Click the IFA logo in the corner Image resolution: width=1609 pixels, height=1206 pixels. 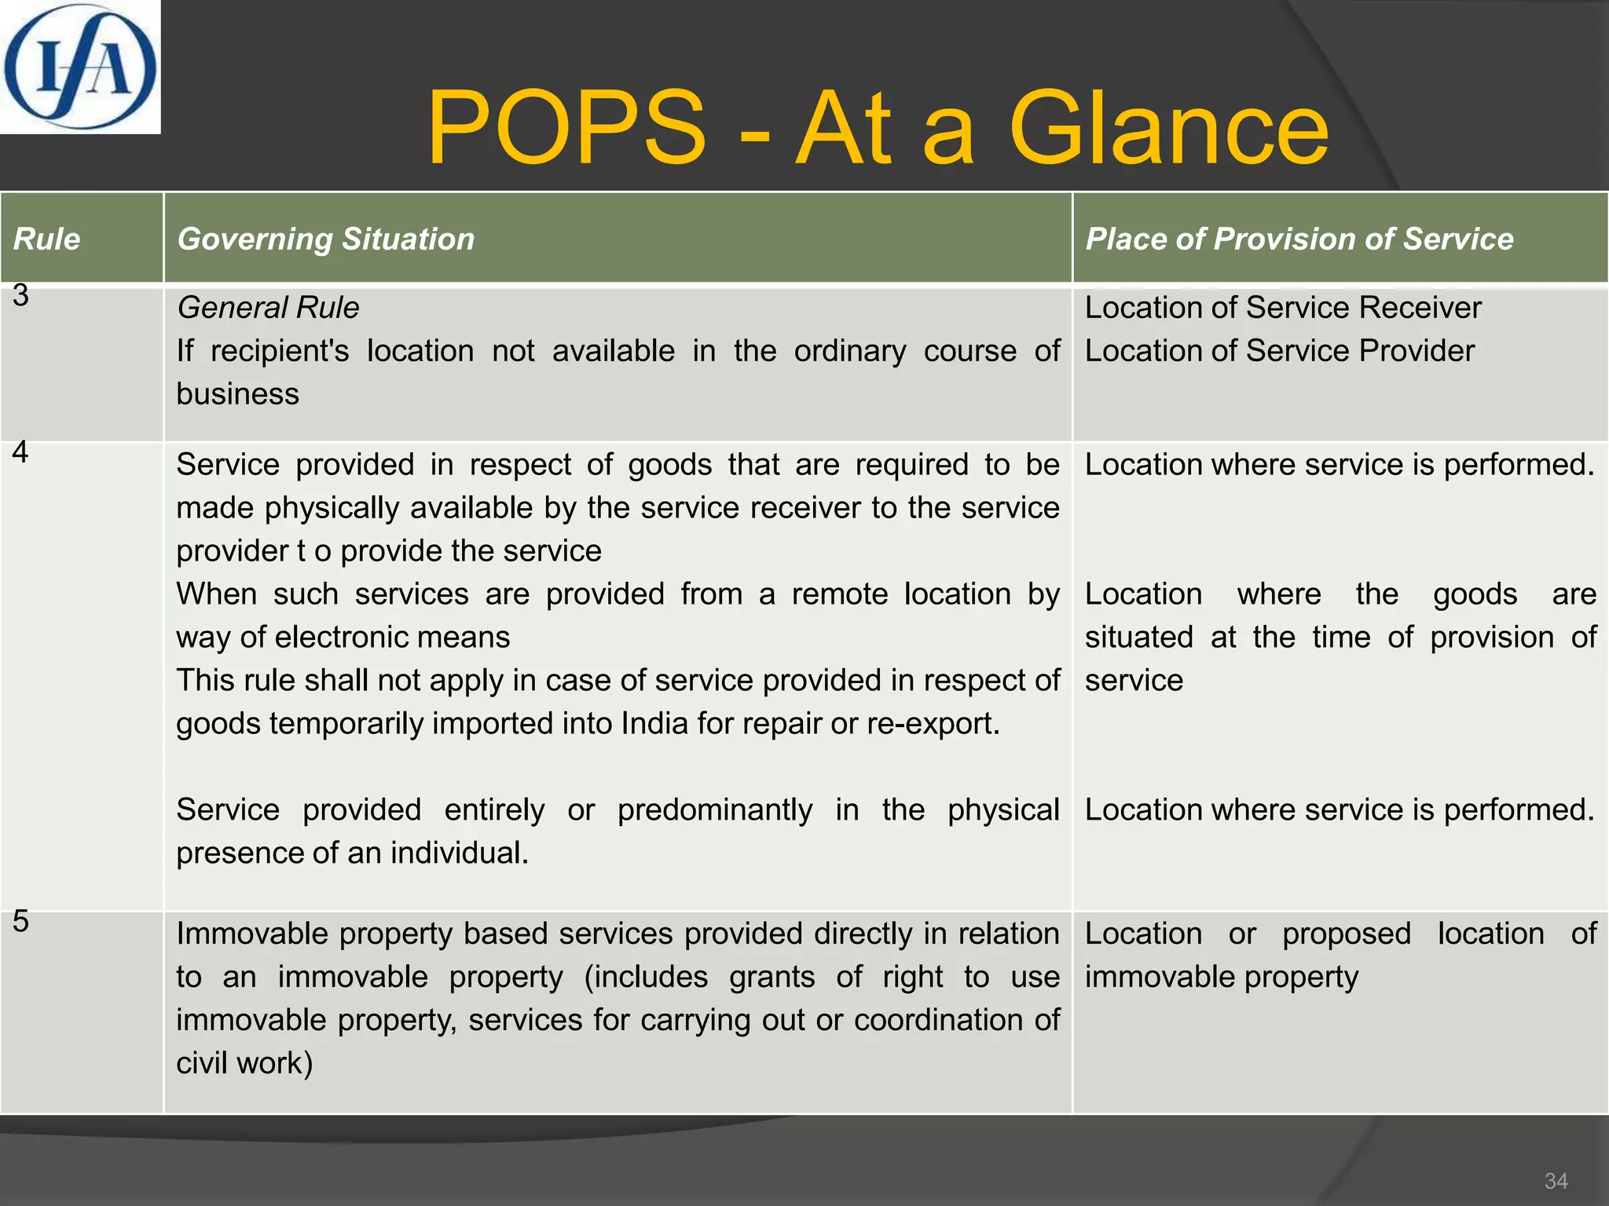pyautogui.click(x=79, y=67)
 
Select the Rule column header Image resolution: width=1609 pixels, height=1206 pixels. pyautogui.click(x=46, y=239)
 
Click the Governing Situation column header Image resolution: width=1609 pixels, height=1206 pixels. pyautogui.click(x=326, y=239)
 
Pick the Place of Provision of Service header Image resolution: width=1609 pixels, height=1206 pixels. pyautogui.click(x=1299, y=239)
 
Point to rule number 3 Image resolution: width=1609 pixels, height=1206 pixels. pyautogui.click(x=20, y=296)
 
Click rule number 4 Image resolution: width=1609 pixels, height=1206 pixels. pyautogui.click(x=20, y=452)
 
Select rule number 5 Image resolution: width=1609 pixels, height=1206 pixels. pyautogui.click(x=20, y=921)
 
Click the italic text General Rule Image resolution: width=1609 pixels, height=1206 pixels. pyautogui.click(x=268, y=308)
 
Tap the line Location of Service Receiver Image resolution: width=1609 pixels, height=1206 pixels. pyautogui.click(x=1283, y=308)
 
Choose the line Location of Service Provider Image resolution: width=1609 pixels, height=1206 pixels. pyautogui.click(x=1280, y=351)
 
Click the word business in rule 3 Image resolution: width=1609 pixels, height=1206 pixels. pyautogui.click(x=237, y=394)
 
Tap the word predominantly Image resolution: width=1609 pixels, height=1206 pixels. pyautogui.click(x=715, y=809)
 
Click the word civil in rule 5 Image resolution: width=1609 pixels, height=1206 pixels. pyautogui.click(x=203, y=1063)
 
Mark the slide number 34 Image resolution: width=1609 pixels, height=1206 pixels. pyautogui.click(x=1556, y=1181)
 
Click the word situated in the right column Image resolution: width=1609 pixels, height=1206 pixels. pyautogui.click(x=1138, y=637)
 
